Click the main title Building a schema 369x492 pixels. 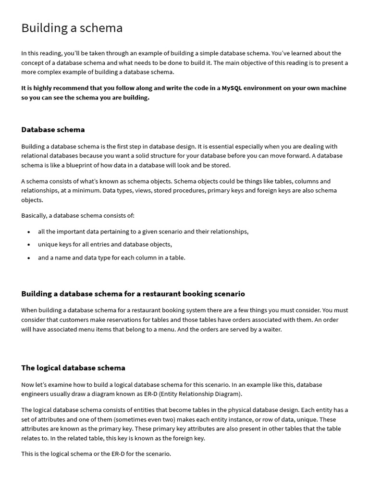coord(72,28)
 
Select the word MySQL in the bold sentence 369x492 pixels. coord(232,88)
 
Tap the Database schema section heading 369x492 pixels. coord(53,129)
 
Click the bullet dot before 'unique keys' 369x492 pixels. coord(29,245)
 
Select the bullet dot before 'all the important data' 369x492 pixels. coord(29,232)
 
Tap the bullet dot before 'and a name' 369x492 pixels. coord(29,258)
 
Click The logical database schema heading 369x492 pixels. coord(73,368)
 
